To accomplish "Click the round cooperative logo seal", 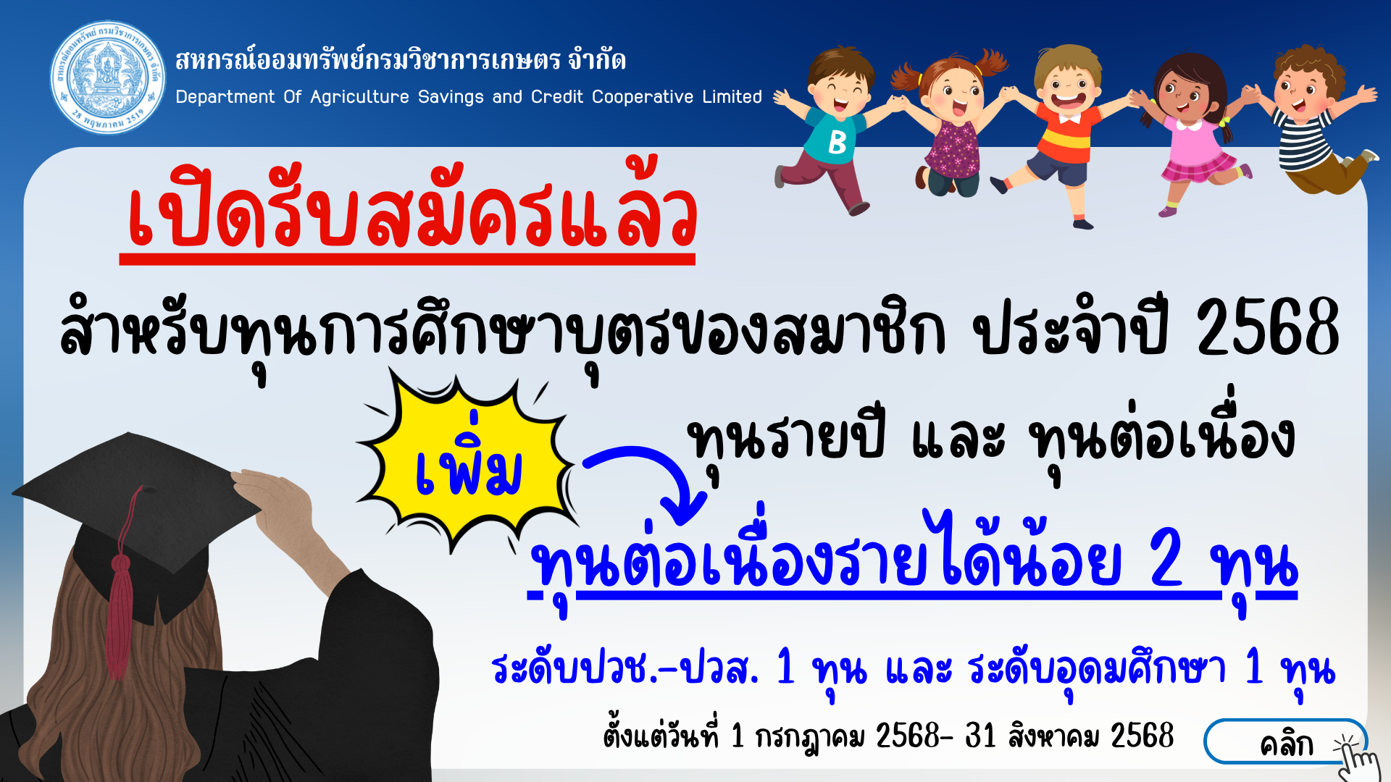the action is click(108, 77).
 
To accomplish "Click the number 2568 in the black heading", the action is click(1267, 328).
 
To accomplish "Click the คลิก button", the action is click(1285, 742).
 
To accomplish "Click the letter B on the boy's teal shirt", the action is click(837, 142).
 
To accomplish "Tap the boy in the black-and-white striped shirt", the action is click(1315, 119).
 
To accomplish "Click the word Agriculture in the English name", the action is click(359, 97).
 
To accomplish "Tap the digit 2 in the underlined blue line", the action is click(1166, 560).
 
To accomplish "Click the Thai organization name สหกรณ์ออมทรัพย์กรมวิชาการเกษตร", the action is click(368, 59).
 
